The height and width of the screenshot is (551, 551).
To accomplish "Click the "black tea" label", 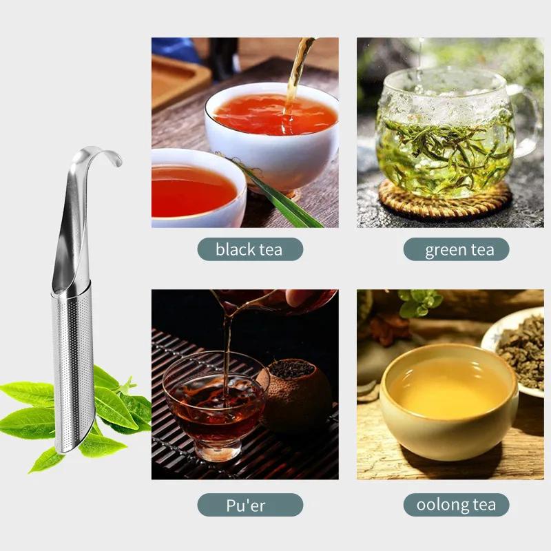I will coord(249,249).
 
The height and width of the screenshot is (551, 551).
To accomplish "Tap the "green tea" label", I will coord(456,249).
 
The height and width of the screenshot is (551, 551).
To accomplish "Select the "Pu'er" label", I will coord(249,505).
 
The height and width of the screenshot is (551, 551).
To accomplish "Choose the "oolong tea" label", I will coord(456,505).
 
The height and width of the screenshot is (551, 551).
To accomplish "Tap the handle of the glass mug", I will coord(527,121).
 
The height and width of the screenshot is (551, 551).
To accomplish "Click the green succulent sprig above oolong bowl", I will coord(422,303).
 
